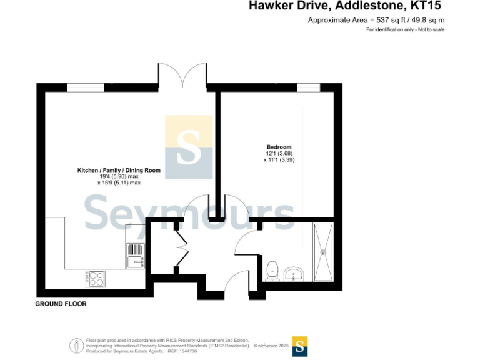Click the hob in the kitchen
(x=95, y=278)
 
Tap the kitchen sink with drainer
(x=136, y=256)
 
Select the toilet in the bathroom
(x=272, y=270)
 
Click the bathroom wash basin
(x=294, y=274)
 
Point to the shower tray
(x=324, y=252)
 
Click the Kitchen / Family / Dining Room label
(x=119, y=170)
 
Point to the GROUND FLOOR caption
(x=61, y=304)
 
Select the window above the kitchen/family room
(x=86, y=87)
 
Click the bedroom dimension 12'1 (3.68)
(x=279, y=154)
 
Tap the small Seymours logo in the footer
(x=300, y=346)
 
